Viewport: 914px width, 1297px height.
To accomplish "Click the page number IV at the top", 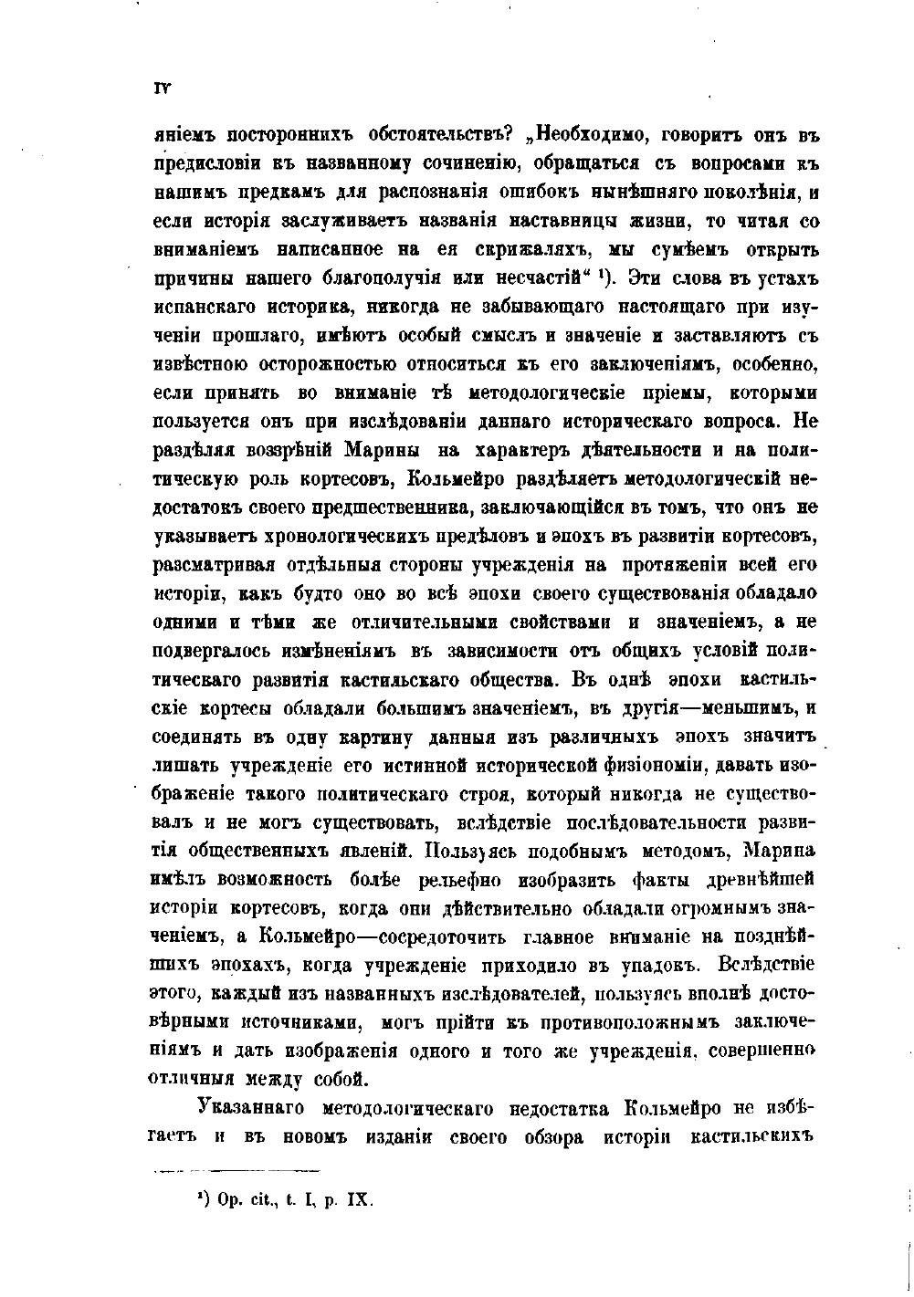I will pyautogui.click(x=163, y=89).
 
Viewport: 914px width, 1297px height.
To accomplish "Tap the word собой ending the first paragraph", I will pyautogui.click(x=341, y=1079).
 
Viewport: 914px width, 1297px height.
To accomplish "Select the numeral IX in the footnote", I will pyautogui.click(x=357, y=1200).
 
